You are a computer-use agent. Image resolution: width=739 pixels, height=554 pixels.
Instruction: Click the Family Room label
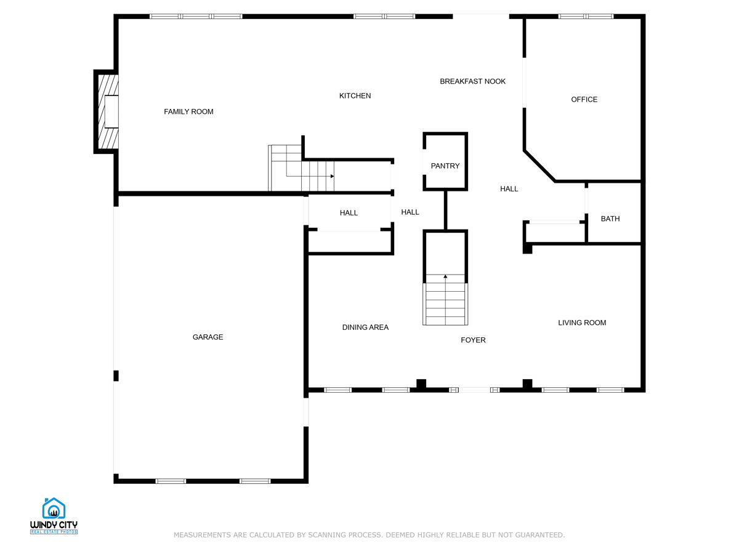click(188, 111)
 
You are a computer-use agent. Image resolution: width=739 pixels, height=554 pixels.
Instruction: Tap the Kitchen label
click(355, 95)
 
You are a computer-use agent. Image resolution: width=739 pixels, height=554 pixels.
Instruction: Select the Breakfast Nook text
click(472, 81)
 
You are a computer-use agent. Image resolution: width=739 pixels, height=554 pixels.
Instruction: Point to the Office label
click(584, 99)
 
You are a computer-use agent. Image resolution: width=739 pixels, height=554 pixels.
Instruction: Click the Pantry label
click(445, 166)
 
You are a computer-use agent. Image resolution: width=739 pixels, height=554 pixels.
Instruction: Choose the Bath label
click(610, 219)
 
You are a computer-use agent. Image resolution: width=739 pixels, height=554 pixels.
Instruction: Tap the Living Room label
click(582, 323)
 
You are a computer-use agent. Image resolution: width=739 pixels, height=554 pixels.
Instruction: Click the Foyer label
click(473, 340)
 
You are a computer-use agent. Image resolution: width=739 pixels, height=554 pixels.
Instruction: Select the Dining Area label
click(365, 327)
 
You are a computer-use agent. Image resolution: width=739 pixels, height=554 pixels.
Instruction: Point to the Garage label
click(208, 337)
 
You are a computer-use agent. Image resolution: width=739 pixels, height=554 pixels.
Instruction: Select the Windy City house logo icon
click(54, 508)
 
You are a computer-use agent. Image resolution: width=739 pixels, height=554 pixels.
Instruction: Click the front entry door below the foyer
click(474, 390)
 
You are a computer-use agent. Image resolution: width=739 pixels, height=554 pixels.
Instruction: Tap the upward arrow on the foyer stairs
click(445, 276)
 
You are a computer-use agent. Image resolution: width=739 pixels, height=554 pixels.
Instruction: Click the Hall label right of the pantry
click(509, 189)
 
